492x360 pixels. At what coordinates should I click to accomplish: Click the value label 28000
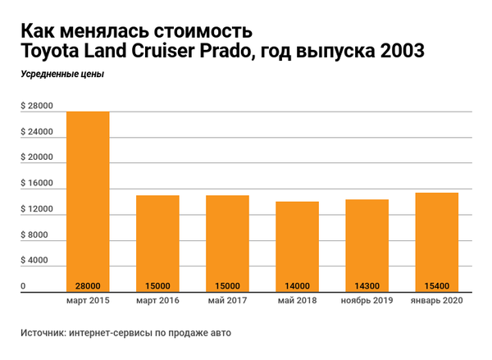tap(88, 285)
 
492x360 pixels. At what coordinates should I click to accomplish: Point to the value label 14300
tap(367, 285)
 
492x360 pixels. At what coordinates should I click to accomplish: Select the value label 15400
tap(436, 285)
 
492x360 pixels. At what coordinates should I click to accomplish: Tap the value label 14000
tap(297, 285)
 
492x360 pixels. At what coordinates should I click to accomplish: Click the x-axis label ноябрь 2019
tap(367, 301)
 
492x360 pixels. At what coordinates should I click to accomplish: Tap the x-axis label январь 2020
tap(436, 301)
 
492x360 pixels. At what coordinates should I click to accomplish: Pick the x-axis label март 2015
tap(88, 301)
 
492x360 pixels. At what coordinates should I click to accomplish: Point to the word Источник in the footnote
tap(45, 334)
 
